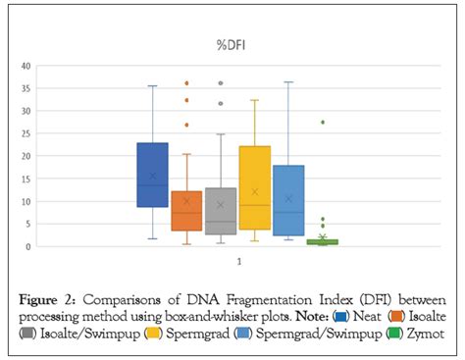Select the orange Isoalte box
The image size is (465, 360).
click(x=186, y=211)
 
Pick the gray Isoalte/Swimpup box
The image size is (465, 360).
click(x=220, y=211)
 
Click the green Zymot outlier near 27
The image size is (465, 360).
click(x=323, y=123)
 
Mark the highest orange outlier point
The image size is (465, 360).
click(x=186, y=84)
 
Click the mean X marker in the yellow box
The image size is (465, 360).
click(x=254, y=192)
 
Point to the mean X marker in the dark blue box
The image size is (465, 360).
click(x=152, y=177)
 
